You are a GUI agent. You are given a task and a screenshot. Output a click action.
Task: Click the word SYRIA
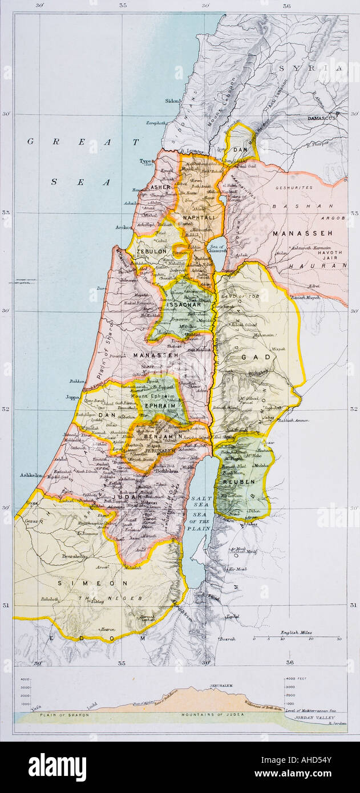[312, 68]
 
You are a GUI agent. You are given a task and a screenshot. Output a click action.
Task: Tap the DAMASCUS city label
[323, 118]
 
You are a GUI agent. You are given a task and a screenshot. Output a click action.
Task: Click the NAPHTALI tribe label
[198, 217]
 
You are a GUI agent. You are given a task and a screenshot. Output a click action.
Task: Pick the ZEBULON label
[151, 251]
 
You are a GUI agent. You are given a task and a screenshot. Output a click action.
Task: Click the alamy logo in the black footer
[57, 767]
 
